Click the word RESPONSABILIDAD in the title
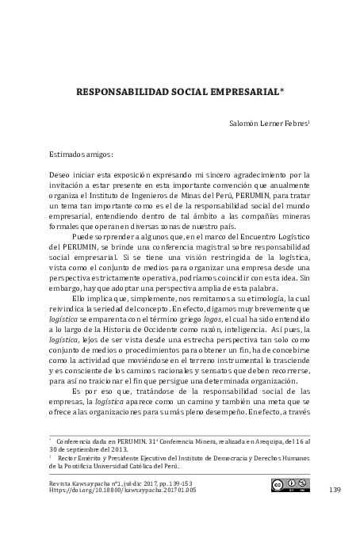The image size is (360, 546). coord(121,91)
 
